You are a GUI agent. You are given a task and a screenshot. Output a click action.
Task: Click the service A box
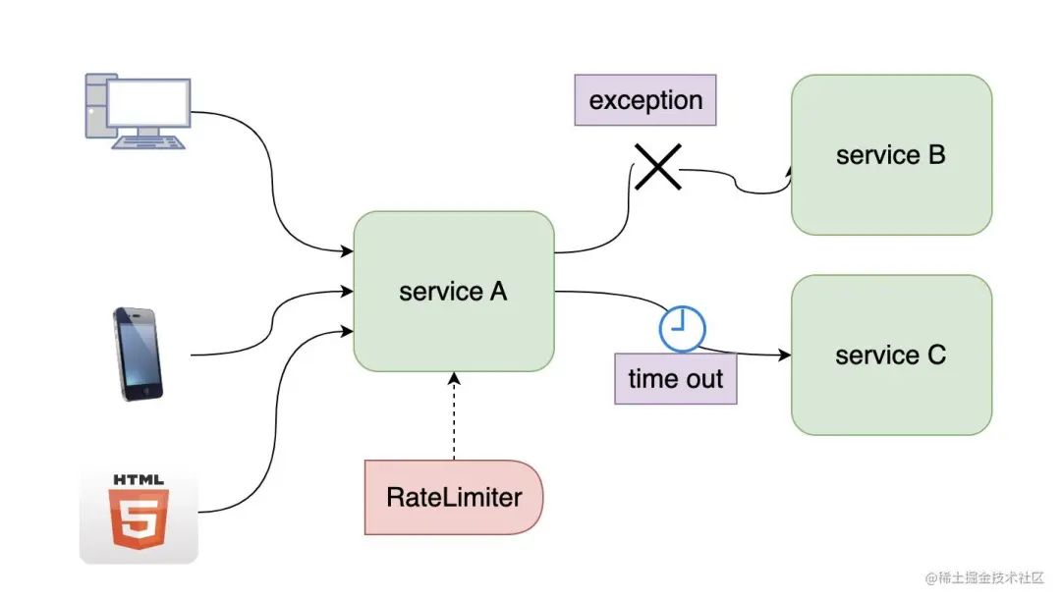pos(453,292)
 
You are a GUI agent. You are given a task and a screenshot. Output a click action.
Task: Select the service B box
pos(891,155)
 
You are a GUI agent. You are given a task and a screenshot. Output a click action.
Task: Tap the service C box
pos(891,356)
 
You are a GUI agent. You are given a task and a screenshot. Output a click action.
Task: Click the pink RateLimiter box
pos(453,498)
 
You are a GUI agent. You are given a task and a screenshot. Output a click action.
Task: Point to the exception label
pos(644,100)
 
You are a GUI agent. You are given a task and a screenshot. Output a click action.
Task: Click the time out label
pos(675,379)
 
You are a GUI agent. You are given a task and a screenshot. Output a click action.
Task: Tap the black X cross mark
pos(657,166)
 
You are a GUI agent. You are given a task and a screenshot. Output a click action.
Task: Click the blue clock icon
pos(682,329)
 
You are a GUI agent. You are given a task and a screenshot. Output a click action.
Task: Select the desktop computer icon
pos(139,112)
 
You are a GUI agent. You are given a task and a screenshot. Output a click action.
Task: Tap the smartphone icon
pos(139,354)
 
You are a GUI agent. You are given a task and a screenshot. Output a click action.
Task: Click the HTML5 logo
pos(139,515)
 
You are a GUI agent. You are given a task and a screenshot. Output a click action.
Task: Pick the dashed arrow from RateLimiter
pos(454,416)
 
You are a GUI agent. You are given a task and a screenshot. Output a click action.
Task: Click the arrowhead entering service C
pos(785,355)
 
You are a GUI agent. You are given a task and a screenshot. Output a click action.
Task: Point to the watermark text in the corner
pos(984,577)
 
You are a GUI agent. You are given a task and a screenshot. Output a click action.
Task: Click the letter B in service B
pos(936,155)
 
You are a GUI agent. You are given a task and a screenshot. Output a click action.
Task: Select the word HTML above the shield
pos(139,479)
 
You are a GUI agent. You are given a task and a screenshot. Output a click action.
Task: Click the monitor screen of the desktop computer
pos(149,102)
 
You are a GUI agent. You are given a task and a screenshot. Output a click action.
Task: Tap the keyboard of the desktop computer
pos(149,142)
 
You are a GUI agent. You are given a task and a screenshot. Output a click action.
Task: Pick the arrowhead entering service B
pos(789,170)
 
